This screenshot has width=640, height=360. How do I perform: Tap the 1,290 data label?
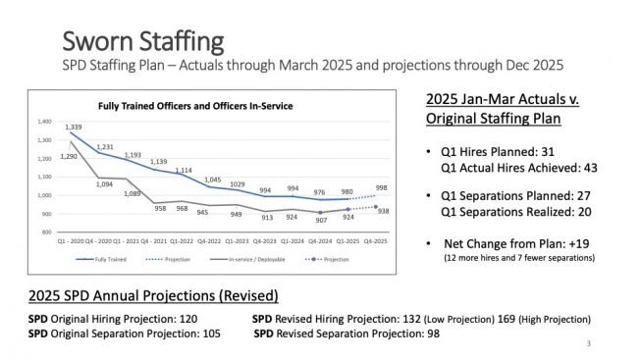(x=68, y=156)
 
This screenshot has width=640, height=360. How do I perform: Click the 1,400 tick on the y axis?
(x=43, y=122)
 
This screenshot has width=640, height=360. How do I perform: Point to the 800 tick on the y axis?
(x=46, y=232)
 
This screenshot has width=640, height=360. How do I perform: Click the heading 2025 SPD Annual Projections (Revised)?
(x=152, y=295)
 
